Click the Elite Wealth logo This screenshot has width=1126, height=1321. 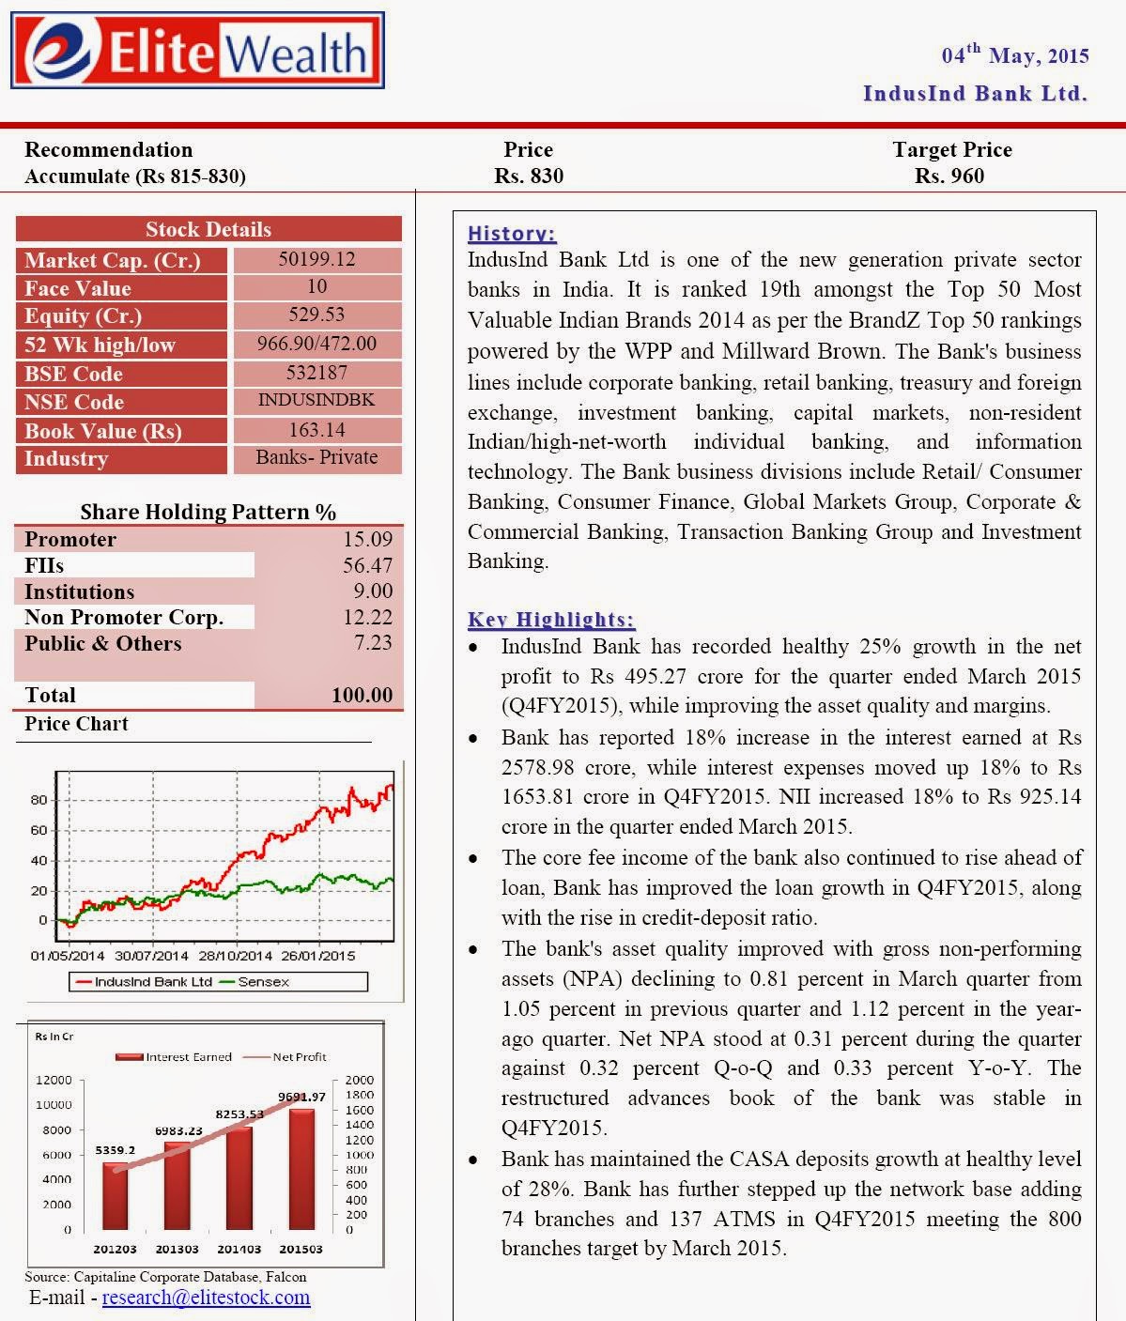tap(197, 51)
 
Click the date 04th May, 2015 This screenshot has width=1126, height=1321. tap(1015, 55)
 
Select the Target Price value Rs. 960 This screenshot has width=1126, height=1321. tap(949, 176)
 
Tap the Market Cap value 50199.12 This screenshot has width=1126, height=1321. tap(317, 258)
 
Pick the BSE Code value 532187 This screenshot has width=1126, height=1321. tap(317, 373)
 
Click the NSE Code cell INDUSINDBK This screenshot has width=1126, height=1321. tap(317, 400)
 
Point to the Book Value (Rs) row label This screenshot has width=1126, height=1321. tap(103, 431)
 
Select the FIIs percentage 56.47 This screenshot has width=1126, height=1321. tap(368, 565)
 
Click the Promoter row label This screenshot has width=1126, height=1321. tap(70, 539)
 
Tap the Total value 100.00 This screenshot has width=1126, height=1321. tap(362, 695)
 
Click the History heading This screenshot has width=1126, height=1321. tap(512, 233)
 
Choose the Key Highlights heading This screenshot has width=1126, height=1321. tap(551, 620)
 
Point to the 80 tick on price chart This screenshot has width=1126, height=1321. tap(39, 800)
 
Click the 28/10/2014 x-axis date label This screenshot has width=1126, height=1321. tap(235, 956)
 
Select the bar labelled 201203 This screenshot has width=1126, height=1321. tap(115, 1196)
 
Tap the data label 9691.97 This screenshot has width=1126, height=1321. tap(301, 1097)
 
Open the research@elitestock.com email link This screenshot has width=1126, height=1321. tap(206, 1298)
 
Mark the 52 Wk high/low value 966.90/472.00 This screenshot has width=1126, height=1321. tap(317, 344)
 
